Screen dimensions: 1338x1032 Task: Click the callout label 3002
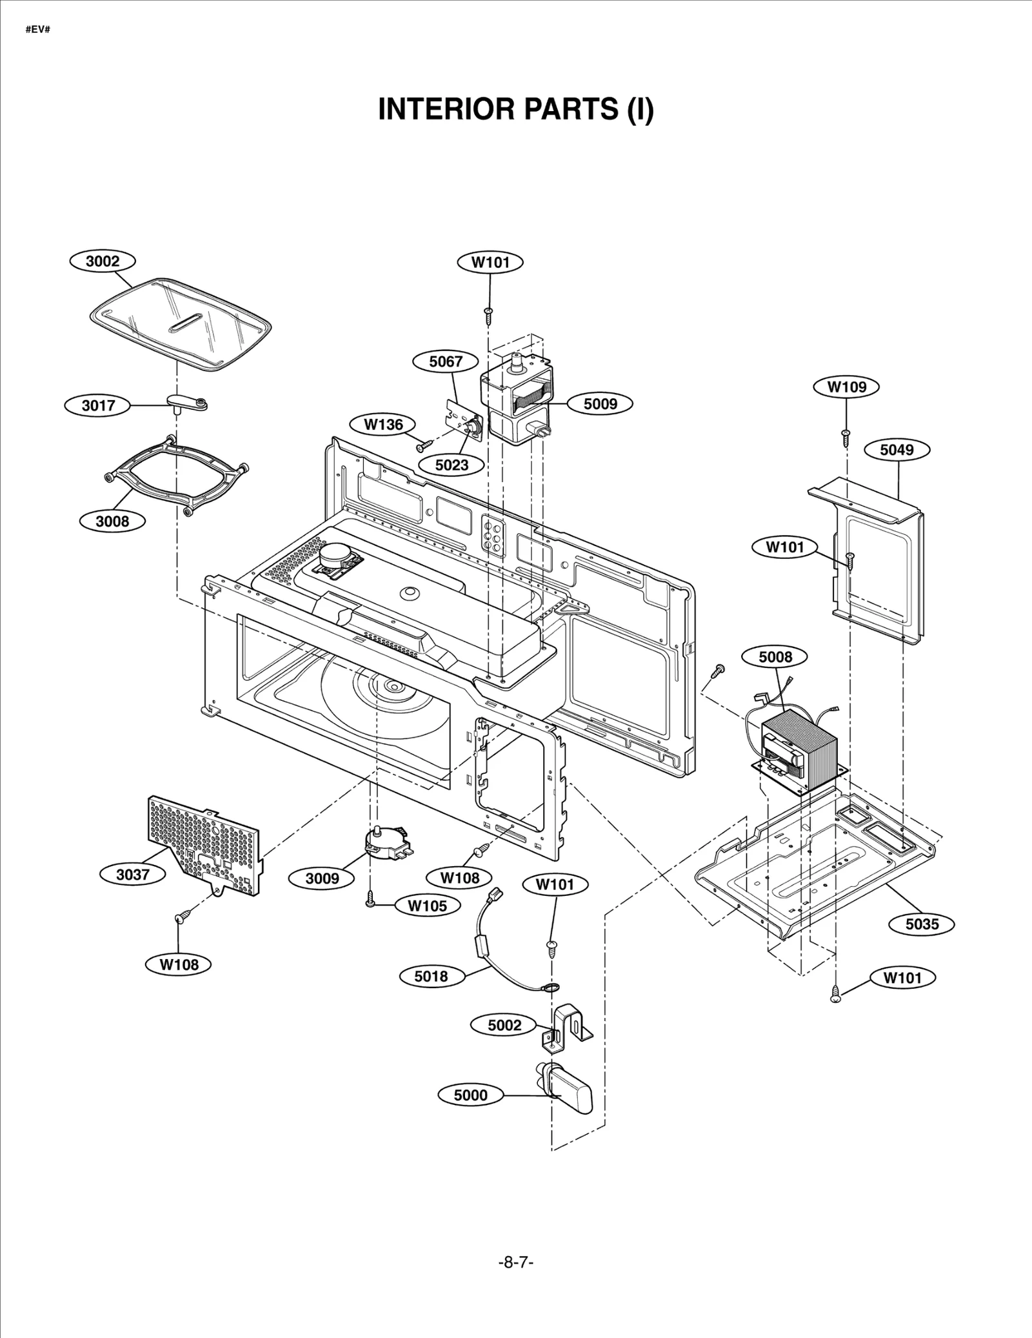click(x=103, y=261)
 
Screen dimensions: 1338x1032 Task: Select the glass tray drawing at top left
click(x=179, y=325)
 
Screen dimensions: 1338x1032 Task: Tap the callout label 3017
click(x=98, y=405)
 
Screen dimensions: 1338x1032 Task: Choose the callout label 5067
click(x=446, y=361)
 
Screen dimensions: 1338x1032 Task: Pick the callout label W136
click(x=383, y=425)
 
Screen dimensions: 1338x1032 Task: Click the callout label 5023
click(x=451, y=465)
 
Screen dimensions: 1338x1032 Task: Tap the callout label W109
click(x=846, y=387)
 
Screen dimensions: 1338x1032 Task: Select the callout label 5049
click(x=897, y=450)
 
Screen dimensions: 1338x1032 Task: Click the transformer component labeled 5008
click(x=799, y=745)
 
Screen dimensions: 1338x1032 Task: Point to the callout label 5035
click(x=922, y=924)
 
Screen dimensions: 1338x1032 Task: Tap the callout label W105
click(x=427, y=906)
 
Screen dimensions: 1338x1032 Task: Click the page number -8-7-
click(x=516, y=1262)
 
